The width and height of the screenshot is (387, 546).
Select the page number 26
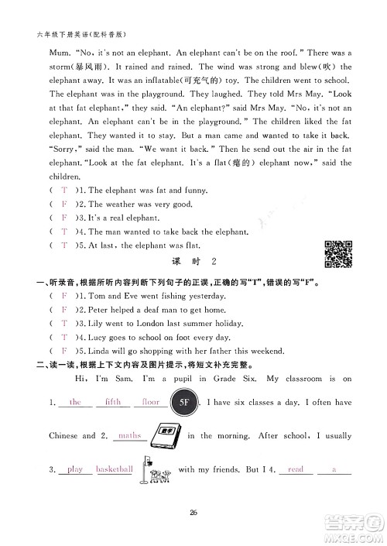click(193, 509)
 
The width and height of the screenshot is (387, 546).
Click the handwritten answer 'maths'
click(130, 435)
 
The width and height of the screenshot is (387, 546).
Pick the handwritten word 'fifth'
click(112, 402)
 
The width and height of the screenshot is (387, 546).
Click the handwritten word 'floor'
click(151, 402)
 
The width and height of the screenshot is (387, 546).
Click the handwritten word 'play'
click(75, 469)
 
